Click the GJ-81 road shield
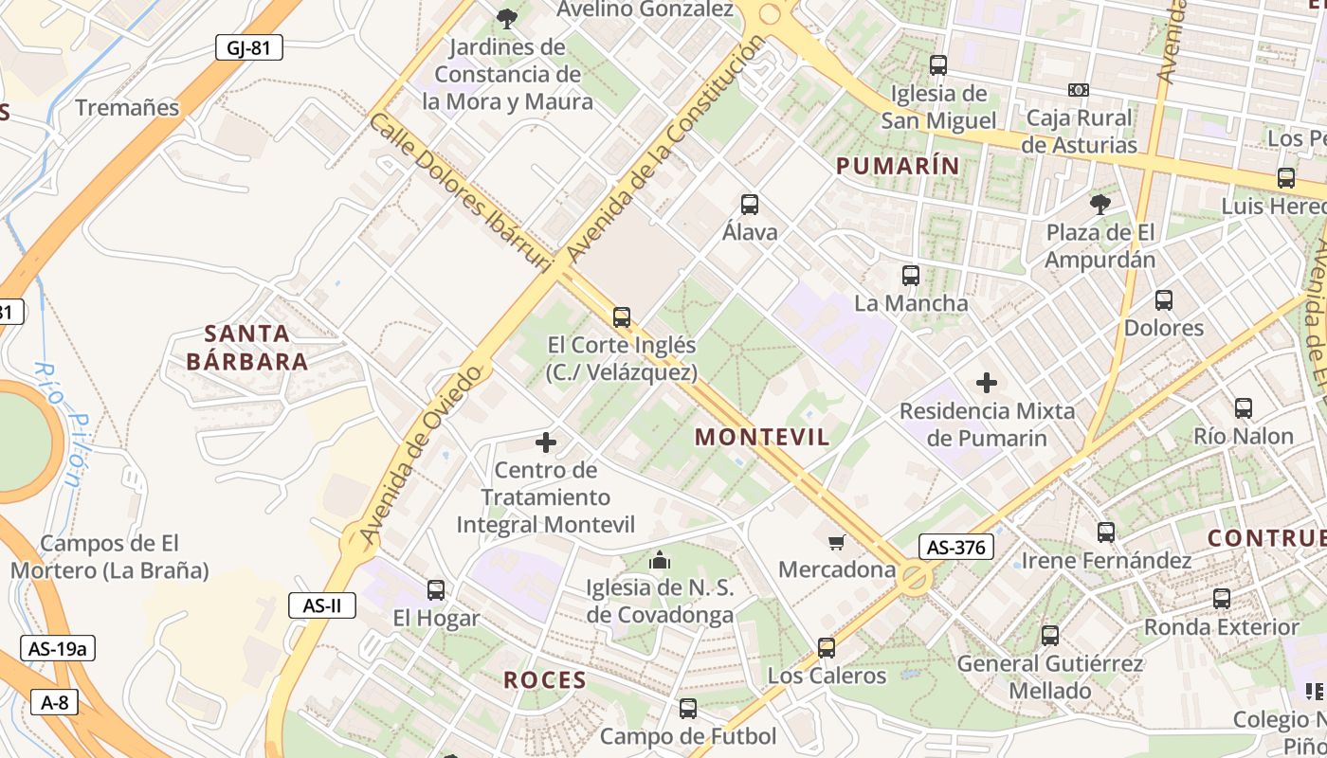(x=248, y=47)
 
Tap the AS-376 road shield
(x=955, y=547)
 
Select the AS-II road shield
(x=322, y=605)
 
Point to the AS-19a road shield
(x=58, y=648)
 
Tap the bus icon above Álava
(x=750, y=204)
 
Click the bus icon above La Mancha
(x=911, y=276)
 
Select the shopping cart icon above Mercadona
(x=837, y=542)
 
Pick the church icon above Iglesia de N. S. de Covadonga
(x=660, y=561)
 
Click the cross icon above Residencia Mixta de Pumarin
(x=987, y=383)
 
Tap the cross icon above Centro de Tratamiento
(x=546, y=442)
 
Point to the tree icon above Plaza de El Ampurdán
(x=1100, y=204)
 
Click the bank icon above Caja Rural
(x=1079, y=90)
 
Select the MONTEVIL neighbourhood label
(x=762, y=437)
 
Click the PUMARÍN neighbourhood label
(x=898, y=166)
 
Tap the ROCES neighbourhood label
(x=545, y=679)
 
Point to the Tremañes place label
(x=127, y=107)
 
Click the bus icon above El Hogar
(x=436, y=590)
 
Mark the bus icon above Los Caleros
(x=827, y=648)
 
